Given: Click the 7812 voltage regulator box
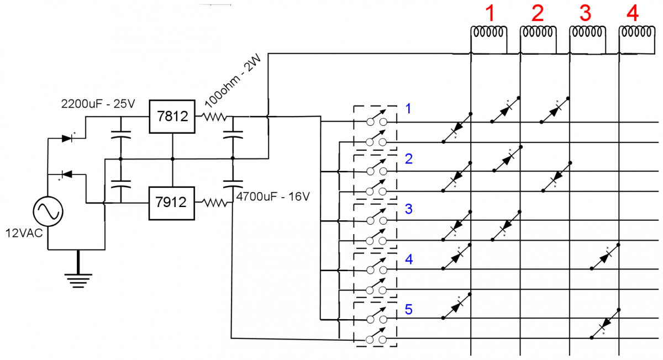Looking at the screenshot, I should [x=172, y=117].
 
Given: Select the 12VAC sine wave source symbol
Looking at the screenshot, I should [x=48, y=211].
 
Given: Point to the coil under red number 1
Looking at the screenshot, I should [x=488, y=33].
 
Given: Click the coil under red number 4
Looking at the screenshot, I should [x=636, y=33].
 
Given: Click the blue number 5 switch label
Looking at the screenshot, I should [x=408, y=310].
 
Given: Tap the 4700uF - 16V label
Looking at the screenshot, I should [x=272, y=197].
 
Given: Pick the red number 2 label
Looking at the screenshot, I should [x=537, y=12].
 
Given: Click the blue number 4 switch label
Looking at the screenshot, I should [x=408, y=260].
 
